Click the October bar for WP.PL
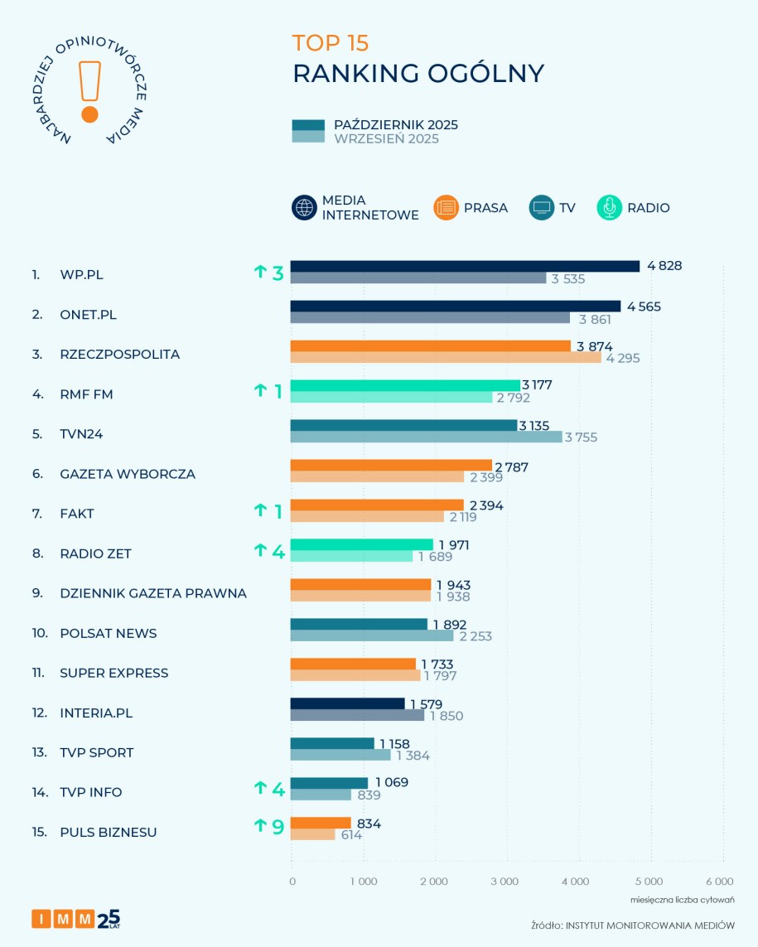(x=465, y=266)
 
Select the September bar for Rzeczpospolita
(x=446, y=358)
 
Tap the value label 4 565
(x=644, y=307)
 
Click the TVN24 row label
(x=81, y=434)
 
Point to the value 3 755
(x=582, y=437)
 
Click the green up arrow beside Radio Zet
(x=260, y=550)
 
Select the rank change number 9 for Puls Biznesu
(x=278, y=827)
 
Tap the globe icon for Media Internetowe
(x=304, y=208)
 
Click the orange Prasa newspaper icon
(x=446, y=208)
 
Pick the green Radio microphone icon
(x=609, y=208)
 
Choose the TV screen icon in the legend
(x=541, y=208)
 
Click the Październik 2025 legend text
(x=395, y=125)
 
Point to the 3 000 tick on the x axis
(x=505, y=881)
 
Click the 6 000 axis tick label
(x=719, y=881)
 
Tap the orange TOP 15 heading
(x=331, y=43)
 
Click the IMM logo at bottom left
(x=75, y=918)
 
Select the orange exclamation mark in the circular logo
(x=89, y=91)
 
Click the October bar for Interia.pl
(x=347, y=703)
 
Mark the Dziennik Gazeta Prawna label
(x=153, y=593)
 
